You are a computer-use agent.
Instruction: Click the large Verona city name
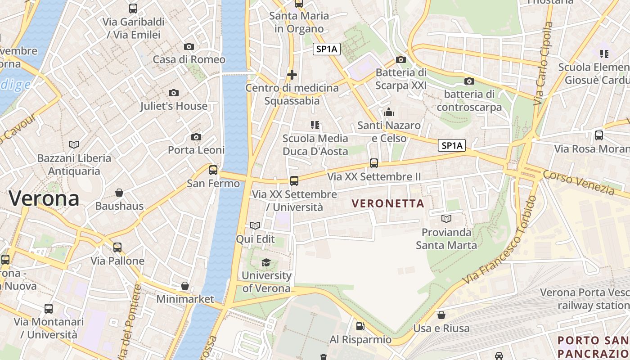pos(44,198)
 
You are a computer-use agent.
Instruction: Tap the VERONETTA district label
pos(388,203)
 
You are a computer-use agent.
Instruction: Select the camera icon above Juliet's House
pos(174,93)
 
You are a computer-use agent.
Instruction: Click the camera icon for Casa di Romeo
pos(189,46)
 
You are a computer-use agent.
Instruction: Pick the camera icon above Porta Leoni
pos(196,137)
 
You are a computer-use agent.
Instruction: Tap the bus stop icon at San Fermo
pos(213,170)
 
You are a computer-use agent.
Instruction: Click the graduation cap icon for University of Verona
pos(266,262)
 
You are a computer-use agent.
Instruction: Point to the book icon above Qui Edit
pos(255,225)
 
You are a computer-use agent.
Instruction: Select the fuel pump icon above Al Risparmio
pos(360,326)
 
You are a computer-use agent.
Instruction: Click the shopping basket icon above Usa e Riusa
pos(441,315)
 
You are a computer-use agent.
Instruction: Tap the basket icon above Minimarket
pos(185,286)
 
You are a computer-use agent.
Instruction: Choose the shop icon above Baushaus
pos(119,193)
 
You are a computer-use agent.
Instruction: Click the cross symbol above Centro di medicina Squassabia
pos(292,74)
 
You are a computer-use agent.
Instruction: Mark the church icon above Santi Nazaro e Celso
pos(389,112)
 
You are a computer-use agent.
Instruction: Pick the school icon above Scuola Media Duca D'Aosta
pos(315,125)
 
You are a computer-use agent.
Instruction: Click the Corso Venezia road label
pos(579,183)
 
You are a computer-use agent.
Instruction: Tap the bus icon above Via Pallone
pos(117,247)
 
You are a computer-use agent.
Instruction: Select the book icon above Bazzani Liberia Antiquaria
pos(74,144)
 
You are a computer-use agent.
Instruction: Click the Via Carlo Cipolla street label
pos(543,63)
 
